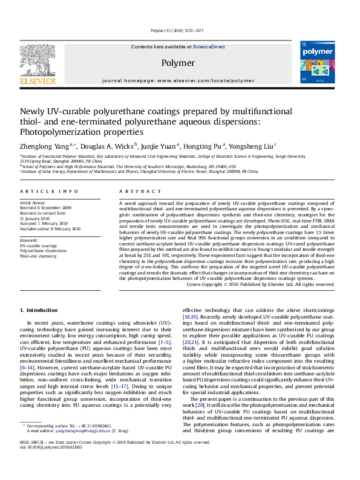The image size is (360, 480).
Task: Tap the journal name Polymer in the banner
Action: pyautogui.click(x=178, y=62)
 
